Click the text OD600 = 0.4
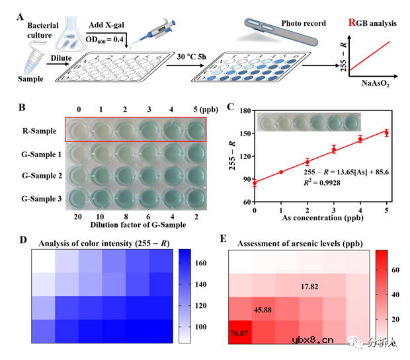click(108, 42)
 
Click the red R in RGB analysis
click(352, 24)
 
